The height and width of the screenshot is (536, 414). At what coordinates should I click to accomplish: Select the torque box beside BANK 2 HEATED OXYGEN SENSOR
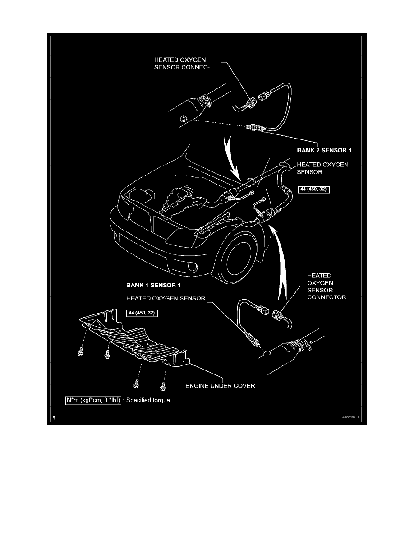[314, 190]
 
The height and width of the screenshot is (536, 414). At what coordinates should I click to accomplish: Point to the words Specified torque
[149, 400]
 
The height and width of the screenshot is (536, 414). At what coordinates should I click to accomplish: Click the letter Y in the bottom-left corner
[54, 418]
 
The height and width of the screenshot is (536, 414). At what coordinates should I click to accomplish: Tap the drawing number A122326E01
[350, 418]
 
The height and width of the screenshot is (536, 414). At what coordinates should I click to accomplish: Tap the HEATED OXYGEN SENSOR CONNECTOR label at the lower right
[326, 286]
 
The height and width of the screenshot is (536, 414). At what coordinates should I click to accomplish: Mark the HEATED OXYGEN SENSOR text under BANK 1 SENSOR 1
[166, 298]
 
